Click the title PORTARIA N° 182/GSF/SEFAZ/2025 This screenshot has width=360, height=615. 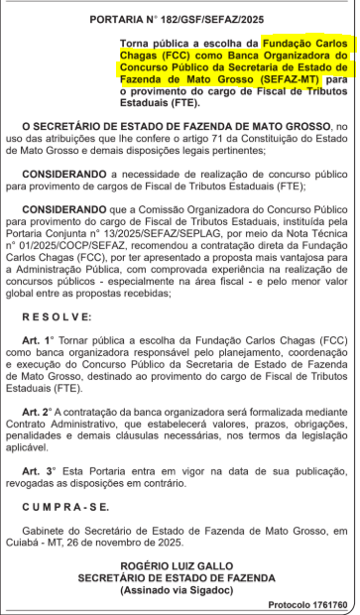click(x=179, y=18)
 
